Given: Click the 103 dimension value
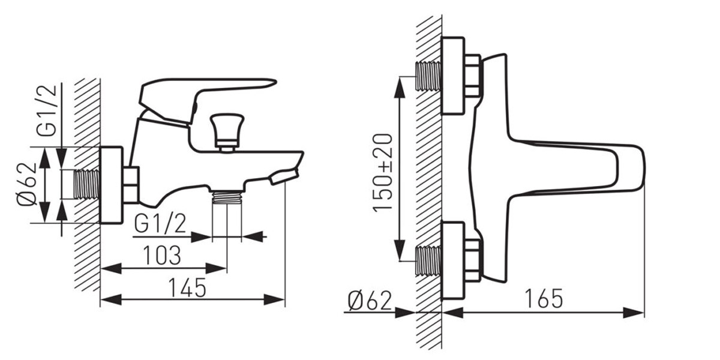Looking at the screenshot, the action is tap(162, 255).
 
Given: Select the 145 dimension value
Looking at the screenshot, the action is tap(187, 287).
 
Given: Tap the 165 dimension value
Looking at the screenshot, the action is tap(544, 299).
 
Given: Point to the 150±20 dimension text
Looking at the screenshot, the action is tap(383, 173).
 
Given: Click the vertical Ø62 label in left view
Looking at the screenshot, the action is tap(26, 185).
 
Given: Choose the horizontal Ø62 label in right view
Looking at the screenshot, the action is tap(370, 301).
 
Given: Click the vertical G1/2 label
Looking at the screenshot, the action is tap(47, 110).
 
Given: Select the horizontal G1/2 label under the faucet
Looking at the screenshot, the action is tap(160, 223).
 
